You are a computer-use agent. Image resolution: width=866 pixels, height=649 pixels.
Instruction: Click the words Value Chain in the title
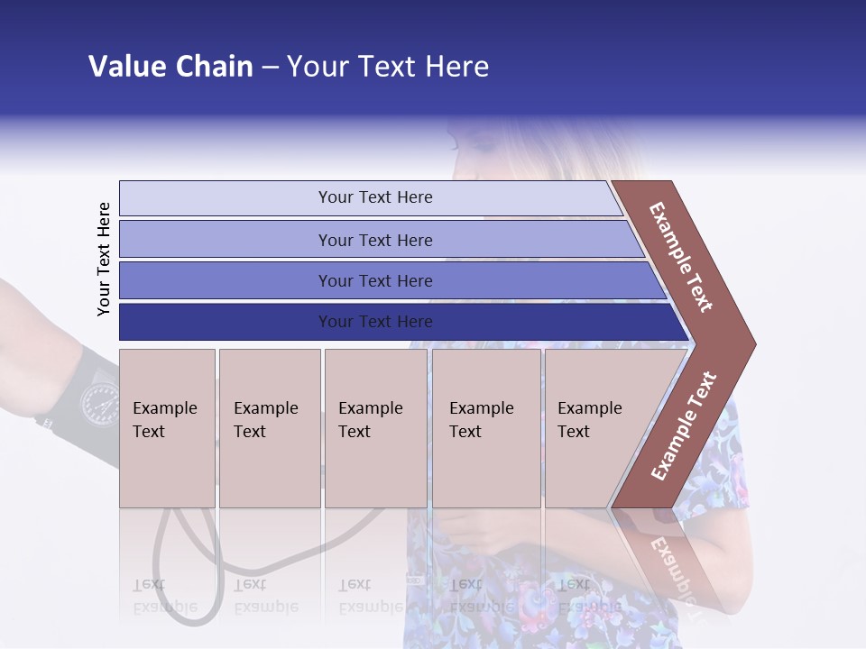[170, 67]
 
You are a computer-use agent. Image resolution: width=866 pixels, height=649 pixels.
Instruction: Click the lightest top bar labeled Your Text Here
[374, 197]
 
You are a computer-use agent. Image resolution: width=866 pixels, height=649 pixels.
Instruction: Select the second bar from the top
[374, 240]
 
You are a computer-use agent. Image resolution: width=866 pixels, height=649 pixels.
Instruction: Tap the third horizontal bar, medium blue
[374, 280]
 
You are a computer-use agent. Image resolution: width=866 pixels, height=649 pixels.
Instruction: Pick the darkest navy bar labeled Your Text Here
[374, 322]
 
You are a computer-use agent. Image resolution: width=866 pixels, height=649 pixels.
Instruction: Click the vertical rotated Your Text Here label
[104, 259]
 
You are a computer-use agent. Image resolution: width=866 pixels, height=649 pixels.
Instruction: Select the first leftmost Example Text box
[167, 428]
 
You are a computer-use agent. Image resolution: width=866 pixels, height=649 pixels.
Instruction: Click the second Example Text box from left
[269, 428]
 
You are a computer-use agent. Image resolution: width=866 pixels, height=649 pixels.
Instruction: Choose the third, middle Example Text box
[375, 428]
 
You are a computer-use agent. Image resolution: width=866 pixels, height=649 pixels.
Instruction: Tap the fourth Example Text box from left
[485, 428]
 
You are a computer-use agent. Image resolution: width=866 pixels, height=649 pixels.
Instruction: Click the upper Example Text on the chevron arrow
[682, 257]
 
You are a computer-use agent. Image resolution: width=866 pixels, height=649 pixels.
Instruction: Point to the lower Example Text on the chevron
[684, 425]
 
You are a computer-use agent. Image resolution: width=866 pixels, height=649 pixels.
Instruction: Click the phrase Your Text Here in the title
[388, 67]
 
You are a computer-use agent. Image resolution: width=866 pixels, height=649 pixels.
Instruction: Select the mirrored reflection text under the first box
[164, 596]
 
